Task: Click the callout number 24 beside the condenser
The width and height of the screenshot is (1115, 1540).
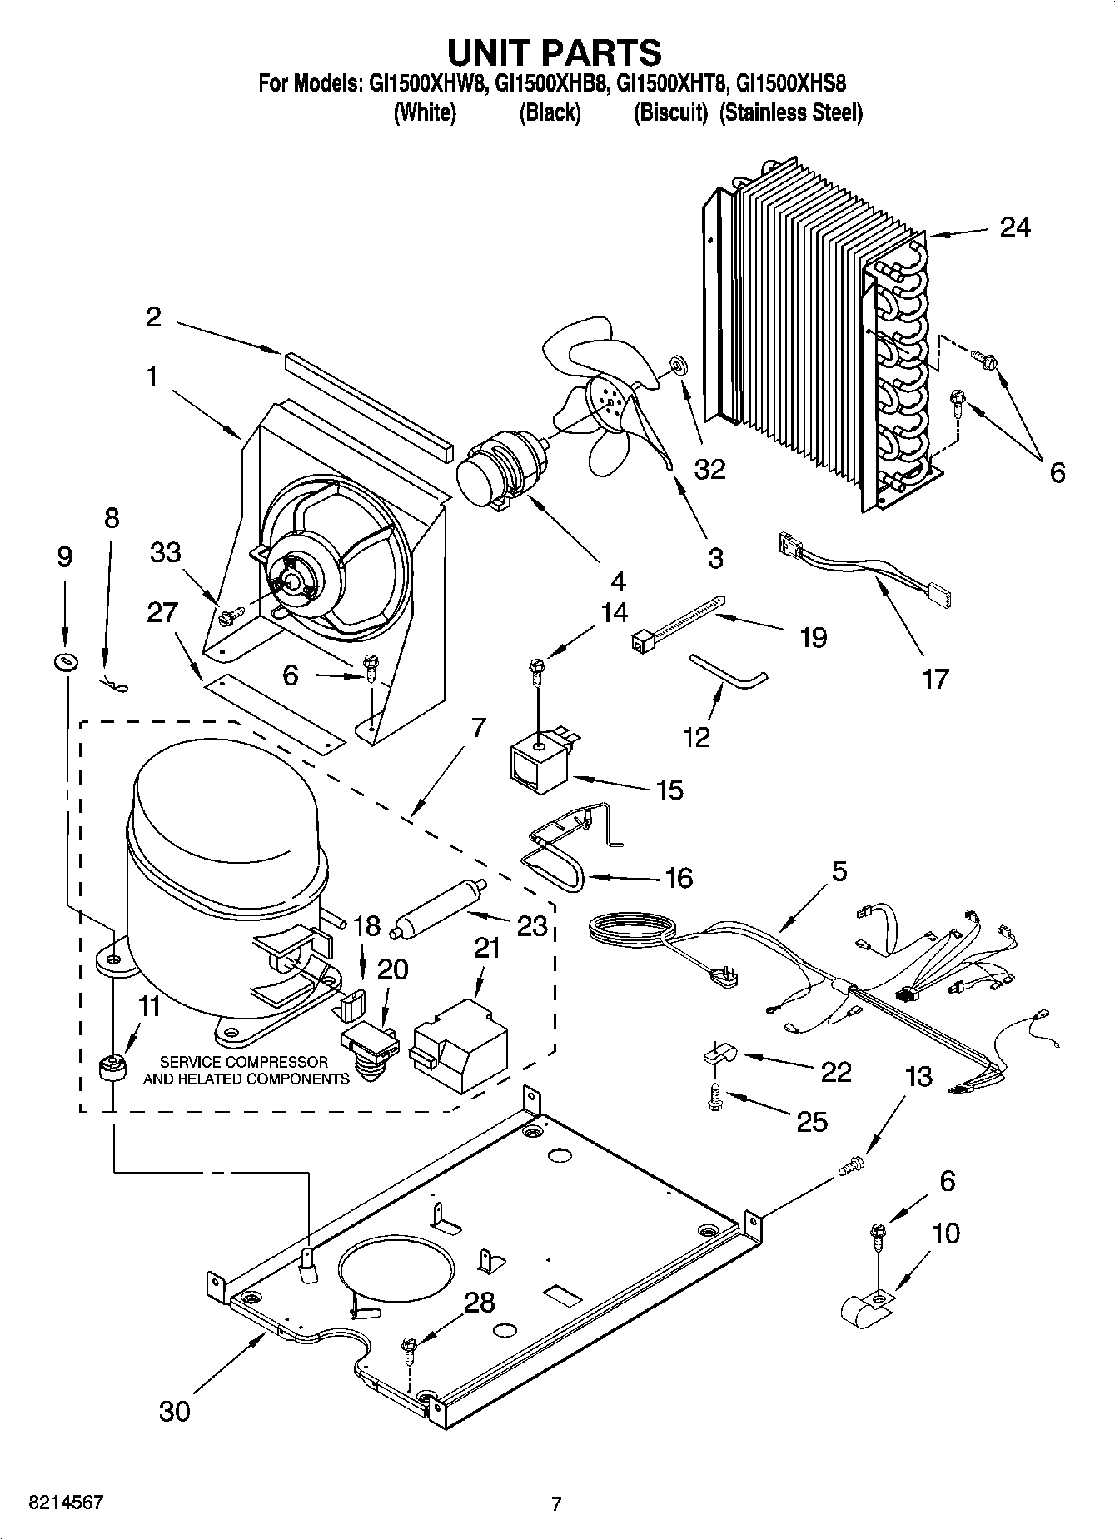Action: [1014, 227]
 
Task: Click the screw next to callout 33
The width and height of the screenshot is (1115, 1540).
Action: [228, 617]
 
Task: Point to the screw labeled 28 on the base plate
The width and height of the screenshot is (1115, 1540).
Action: [408, 1348]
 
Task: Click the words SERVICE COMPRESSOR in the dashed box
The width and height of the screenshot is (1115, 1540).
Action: [243, 1062]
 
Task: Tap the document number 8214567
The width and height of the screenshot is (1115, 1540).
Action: [66, 1503]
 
